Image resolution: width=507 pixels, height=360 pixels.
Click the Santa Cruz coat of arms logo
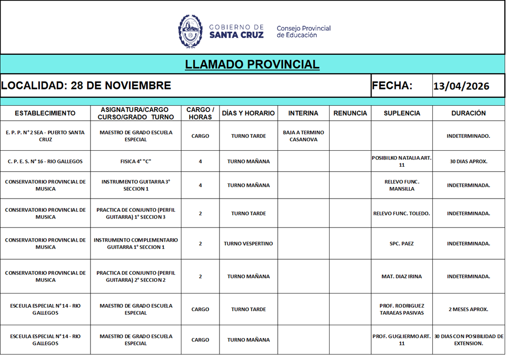coord(190,31)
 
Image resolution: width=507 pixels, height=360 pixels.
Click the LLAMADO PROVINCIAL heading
coord(252,64)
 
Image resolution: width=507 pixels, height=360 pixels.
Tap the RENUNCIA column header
coord(350,113)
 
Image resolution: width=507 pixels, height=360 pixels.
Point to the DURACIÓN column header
coord(468,113)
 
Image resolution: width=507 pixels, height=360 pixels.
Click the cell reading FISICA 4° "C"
coord(135,161)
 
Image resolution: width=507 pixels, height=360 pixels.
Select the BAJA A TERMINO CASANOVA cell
coord(303,136)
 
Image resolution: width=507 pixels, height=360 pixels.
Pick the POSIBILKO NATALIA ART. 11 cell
coord(401,161)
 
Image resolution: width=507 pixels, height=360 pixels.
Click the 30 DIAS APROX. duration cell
coord(468,161)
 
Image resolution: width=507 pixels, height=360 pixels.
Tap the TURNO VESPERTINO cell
coord(248,244)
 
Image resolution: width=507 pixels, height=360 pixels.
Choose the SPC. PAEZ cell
coord(401,244)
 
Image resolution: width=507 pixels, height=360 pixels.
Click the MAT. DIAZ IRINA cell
coord(401,276)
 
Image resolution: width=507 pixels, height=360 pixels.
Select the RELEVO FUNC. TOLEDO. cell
coord(401,213)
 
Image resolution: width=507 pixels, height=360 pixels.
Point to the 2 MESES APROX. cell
coord(468,309)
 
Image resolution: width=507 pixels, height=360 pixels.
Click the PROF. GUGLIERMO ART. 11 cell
coord(401,339)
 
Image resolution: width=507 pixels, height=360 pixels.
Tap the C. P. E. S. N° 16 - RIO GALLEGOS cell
coord(45,161)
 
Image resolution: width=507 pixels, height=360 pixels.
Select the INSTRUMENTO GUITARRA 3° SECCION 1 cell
coord(135,185)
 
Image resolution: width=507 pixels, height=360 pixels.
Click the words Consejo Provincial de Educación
coord(304,31)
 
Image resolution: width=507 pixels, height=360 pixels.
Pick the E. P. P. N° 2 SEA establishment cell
coord(45,136)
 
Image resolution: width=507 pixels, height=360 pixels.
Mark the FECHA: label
coord(392,86)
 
